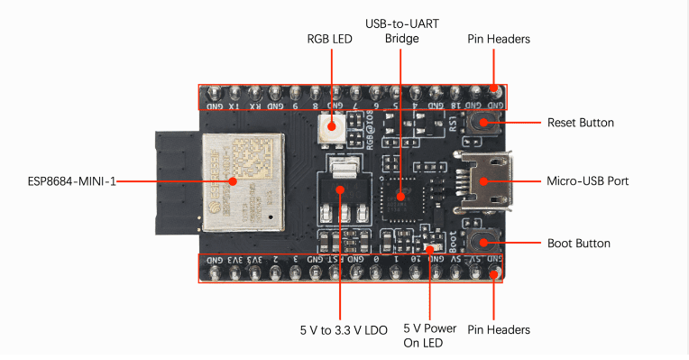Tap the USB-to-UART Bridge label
[401, 30]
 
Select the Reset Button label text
[581, 122]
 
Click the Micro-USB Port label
[587, 181]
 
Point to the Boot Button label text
[579, 243]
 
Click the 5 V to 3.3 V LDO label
[344, 330]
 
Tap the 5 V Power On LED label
[429, 335]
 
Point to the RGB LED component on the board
[330, 133]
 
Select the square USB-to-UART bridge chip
[400, 191]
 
